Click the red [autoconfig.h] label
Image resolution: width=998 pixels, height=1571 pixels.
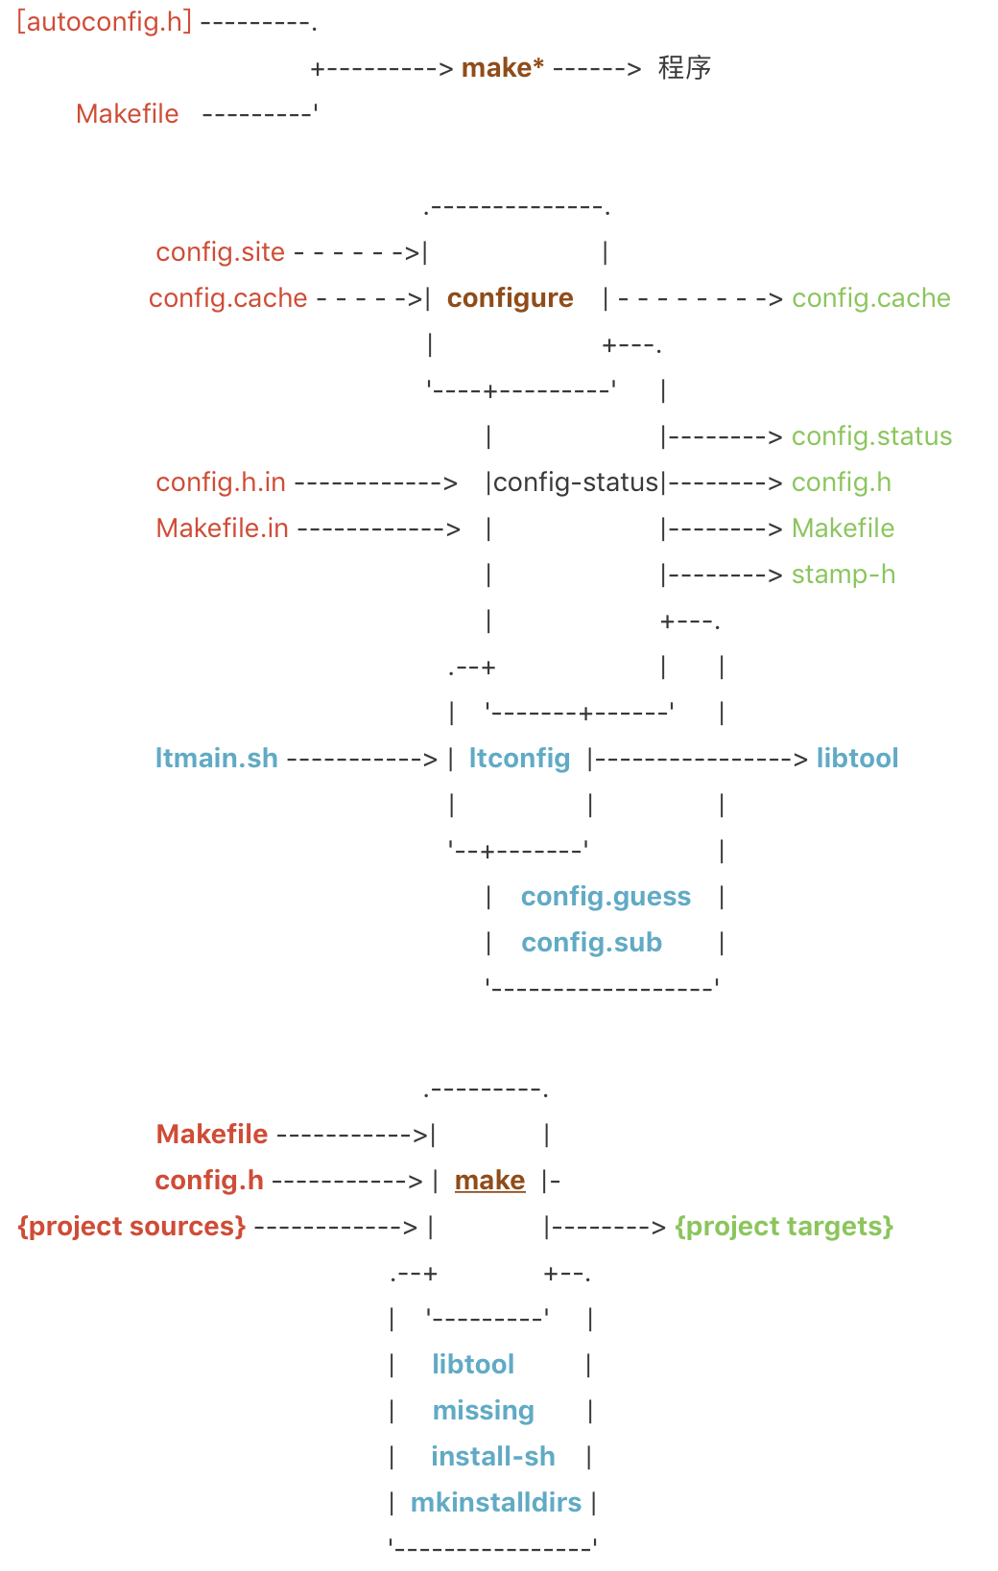point(105,21)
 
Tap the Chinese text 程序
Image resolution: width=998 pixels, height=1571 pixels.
point(684,68)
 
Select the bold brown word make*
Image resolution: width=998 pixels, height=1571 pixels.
point(502,68)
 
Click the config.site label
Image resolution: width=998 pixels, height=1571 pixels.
point(220,252)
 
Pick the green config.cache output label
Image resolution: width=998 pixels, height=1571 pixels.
point(870,298)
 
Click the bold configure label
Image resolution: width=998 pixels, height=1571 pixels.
point(510,298)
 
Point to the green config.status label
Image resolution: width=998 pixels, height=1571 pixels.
point(871,436)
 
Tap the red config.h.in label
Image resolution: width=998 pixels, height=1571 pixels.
point(221,482)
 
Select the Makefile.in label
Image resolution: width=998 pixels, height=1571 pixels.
point(222,528)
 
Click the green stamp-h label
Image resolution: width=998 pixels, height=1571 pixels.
point(843,574)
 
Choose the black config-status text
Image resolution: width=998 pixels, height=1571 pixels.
point(576,482)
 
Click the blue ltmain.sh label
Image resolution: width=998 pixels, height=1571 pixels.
point(216,759)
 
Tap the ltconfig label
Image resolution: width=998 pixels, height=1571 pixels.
point(519,759)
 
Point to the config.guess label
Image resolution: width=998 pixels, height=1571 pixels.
point(606,897)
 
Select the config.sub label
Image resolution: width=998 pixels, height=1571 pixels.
point(591,943)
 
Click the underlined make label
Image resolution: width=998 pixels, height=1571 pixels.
point(489,1181)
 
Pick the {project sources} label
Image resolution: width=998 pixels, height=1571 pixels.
point(131,1227)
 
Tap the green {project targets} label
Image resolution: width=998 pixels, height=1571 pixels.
point(784,1227)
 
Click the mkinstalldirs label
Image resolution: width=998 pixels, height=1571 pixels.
point(495,1503)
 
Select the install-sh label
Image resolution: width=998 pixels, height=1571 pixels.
point(492,1457)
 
